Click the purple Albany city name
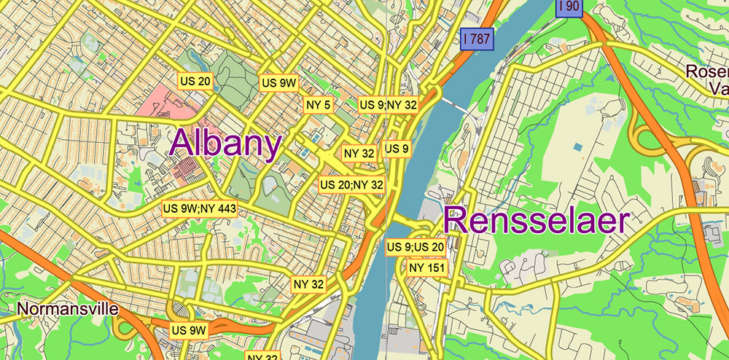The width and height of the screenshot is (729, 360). tap(225, 144)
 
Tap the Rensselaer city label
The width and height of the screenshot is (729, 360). tap(536, 221)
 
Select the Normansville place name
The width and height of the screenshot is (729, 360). tap(67, 309)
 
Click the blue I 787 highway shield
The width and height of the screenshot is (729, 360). tap(477, 39)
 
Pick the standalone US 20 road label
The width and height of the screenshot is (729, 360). tap(195, 80)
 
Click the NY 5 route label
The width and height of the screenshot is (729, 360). tap(318, 105)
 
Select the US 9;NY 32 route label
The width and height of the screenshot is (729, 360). tap(388, 105)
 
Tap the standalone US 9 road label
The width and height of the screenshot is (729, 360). tap(397, 149)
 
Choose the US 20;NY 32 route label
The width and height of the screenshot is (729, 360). tap(352, 184)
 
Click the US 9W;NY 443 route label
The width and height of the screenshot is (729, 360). tap(199, 209)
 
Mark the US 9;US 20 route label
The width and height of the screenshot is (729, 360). tap(415, 248)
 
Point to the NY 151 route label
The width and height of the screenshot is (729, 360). tap(427, 267)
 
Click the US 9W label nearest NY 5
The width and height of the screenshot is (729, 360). tap(279, 82)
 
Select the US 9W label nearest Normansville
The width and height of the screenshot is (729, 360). tap(190, 330)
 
